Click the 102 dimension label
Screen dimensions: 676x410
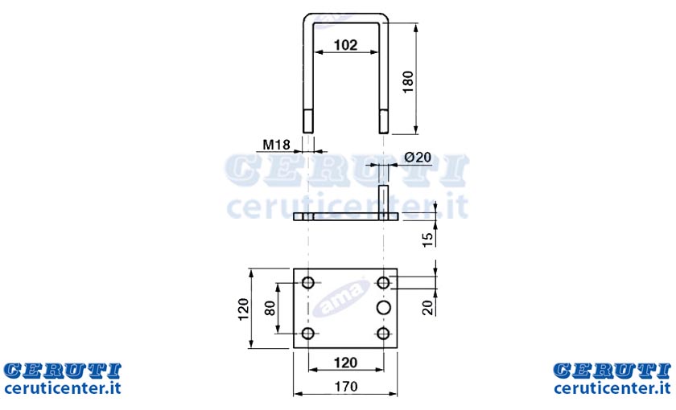click(x=346, y=45)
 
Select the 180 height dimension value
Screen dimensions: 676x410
click(x=407, y=82)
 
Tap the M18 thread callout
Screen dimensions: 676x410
click(x=276, y=145)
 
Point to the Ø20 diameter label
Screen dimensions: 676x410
click(x=418, y=158)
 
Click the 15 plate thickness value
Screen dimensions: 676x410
click(x=427, y=240)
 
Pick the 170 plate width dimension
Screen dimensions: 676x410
click(x=346, y=387)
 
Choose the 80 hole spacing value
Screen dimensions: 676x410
click(x=270, y=308)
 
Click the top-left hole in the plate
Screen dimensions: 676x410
click(x=307, y=283)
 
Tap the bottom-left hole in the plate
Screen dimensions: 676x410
click(x=307, y=334)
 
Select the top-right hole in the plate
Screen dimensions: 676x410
click(x=383, y=283)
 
